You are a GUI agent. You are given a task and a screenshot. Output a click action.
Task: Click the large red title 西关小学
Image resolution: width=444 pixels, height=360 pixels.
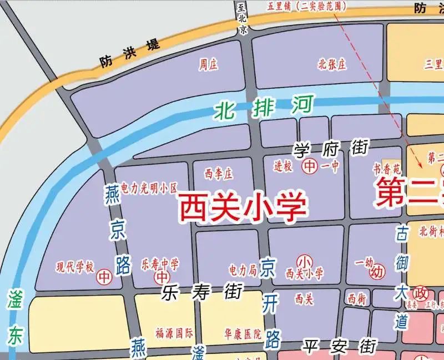pyautogui.click(x=243, y=207)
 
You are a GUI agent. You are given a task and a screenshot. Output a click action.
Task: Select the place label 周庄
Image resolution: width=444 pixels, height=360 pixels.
pyautogui.click(x=208, y=65)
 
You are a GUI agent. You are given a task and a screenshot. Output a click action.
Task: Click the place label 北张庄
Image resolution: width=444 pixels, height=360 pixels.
pyautogui.click(x=332, y=64)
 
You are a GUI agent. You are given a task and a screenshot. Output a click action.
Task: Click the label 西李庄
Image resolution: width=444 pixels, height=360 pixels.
pyautogui.click(x=218, y=174)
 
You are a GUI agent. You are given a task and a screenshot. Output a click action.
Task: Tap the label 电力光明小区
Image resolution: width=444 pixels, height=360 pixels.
pyautogui.click(x=148, y=188)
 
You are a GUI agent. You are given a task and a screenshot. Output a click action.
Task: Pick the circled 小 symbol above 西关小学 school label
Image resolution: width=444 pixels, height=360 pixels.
pyautogui.click(x=304, y=261)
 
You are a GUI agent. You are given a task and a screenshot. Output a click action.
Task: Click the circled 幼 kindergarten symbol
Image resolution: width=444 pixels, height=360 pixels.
pyautogui.click(x=377, y=272)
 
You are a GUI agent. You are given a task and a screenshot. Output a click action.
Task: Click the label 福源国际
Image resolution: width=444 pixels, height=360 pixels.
pyautogui.click(x=174, y=333)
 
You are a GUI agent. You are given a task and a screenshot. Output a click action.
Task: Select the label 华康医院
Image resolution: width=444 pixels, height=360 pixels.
pyautogui.click(x=243, y=334)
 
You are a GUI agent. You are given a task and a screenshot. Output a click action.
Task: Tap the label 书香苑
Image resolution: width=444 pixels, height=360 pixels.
pyautogui.click(x=386, y=168)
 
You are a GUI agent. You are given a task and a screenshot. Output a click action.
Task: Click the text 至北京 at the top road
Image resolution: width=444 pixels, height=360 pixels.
pyautogui.click(x=241, y=18)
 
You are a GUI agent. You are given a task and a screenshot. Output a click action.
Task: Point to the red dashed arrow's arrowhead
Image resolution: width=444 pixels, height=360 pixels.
pyautogui.click(x=421, y=165)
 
